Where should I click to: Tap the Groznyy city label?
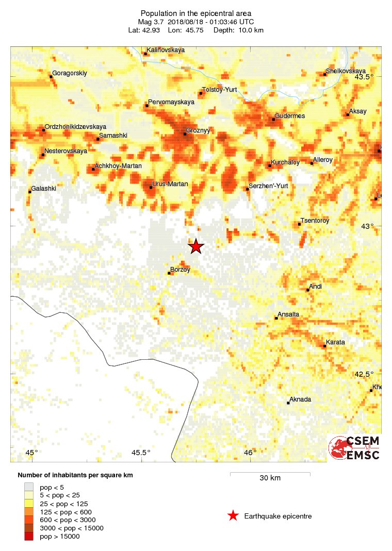tap(199, 131)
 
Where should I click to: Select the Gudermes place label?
tap(289, 116)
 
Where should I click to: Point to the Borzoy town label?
tap(180, 270)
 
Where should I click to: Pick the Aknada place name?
tap(300, 399)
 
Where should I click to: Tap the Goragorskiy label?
tap(70, 73)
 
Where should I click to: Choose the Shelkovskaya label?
tap(346, 71)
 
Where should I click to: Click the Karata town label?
tap(335, 342)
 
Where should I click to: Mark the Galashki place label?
tap(43, 189)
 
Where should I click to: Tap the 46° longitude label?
tap(250, 453)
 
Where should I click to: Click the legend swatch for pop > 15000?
tap(29, 537)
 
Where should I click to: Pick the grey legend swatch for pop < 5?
tap(29, 487)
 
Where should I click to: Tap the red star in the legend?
tap(233, 515)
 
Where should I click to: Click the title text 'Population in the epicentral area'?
tap(195, 13)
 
